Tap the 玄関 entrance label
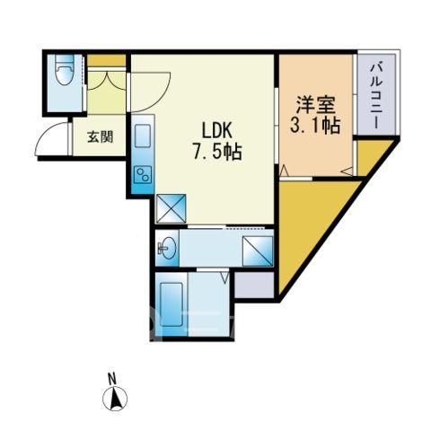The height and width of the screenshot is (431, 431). pyautogui.click(x=101, y=136)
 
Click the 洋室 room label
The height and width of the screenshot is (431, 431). pyautogui.click(x=316, y=105)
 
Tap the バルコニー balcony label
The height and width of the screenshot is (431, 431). pyautogui.click(x=376, y=94)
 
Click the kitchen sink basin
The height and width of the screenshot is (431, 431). pyautogui.click(x=143, y=136)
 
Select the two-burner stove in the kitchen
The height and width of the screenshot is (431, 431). pyautogui.click(x=143, y=174)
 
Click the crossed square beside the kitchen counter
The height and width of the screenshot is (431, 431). pyautogui.click(x=172, y=208)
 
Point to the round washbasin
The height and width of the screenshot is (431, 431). pyautogui.click(x=168, y=248)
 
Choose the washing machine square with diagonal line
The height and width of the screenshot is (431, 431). pyautogui.click(x=258, y=251)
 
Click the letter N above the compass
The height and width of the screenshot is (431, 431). pyautogui.click(x=112, y=379)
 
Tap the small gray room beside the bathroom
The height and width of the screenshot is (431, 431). pyautogui.click(x=254, y=285)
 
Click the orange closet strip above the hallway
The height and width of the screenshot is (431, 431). pyautogui.click(x=107, y=61)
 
